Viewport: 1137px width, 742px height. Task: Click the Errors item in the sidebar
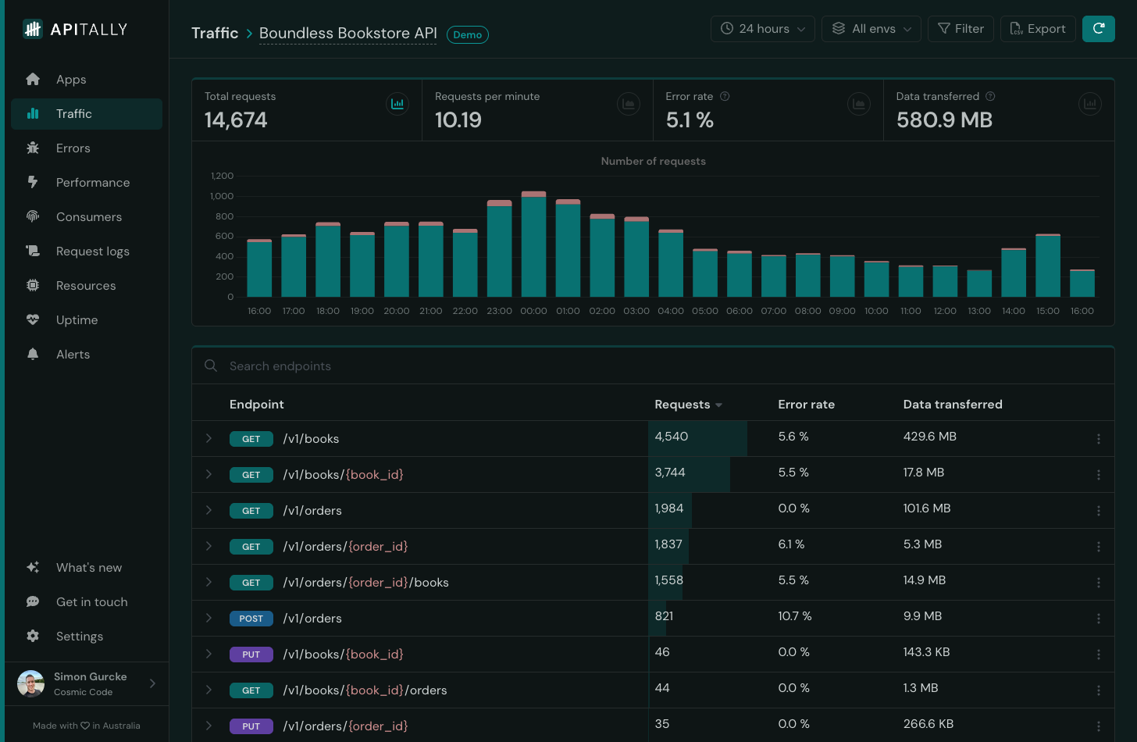tap(73, 148)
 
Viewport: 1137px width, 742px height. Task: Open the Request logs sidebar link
tap(92, 251)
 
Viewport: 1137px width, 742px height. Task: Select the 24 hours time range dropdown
tap(762, 29)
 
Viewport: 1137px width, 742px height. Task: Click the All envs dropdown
tap(871, 29)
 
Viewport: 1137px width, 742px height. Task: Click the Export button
tap(1037, 29)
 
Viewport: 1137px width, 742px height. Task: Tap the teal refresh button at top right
tap(1098, 29)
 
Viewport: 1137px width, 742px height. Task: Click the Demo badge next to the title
tap(467, 35)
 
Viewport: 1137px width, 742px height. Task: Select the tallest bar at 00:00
tap(533, 245)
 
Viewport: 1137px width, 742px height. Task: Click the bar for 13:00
tap(979, 284)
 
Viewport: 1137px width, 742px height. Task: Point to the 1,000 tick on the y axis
tap(222, 196)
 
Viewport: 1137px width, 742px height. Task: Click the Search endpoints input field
tap(469, 366)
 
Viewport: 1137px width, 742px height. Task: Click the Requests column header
tap(682, 405)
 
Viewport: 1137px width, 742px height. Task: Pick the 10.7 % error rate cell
tap(794, 616)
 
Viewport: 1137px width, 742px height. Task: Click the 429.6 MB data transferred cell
tap(929, 437)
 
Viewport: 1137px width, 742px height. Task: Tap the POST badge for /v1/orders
tap(251, 619)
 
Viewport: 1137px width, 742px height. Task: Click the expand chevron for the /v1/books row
tap(209, 438)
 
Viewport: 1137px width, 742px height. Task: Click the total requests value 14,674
tap(236, 120)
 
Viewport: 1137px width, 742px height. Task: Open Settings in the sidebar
tap(79, 637)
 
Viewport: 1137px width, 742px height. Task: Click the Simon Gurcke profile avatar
tap(30, 683)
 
